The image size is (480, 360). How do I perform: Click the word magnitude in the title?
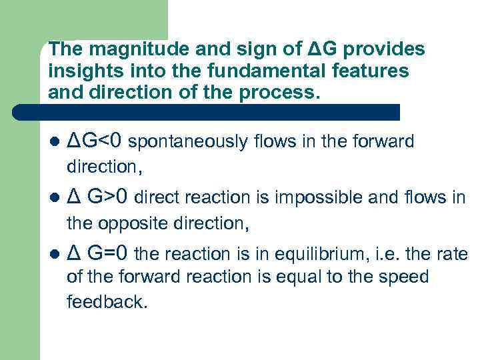[x=121, y=50]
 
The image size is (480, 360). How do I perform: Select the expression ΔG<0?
[x=95, y=141]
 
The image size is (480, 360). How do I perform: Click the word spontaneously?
[x=176, y=142]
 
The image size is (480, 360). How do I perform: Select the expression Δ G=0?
[x=101, y=253]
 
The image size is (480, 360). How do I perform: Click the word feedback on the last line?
[x=106, y=301]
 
